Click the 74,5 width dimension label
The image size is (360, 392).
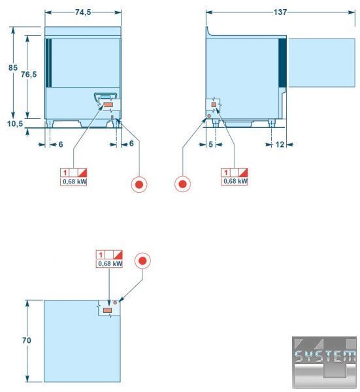[83, 12]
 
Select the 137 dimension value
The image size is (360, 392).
[280, 12]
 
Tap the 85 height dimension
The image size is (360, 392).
[13, 67]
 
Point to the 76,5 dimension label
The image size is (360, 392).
[29, 74]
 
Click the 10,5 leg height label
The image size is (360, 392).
[15, 123]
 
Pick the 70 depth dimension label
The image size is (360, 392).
[27, 340]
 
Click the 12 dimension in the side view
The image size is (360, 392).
[280, 144]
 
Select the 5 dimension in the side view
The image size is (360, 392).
[211, 144]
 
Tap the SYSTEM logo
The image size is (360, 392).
[324, 363]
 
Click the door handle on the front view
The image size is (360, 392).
[105, 97]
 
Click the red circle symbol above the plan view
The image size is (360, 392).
[142, 261]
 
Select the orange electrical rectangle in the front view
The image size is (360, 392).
[108, 105]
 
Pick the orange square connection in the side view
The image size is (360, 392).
[214, 105]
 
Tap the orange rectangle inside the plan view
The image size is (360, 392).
[108, 310]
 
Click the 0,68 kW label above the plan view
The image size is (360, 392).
[110, 264]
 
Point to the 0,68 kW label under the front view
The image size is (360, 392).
[74, 182]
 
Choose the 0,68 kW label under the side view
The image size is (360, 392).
[235, 181]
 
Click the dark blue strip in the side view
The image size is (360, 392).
[282, 63]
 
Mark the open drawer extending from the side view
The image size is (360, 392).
[322, 63]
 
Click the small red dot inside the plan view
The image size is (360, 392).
[115, 302]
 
